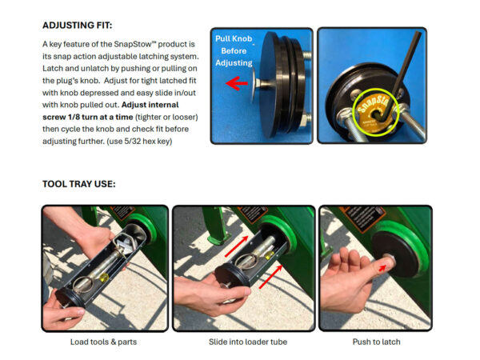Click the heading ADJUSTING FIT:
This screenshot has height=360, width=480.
pyautogui.click(x=77, y=25)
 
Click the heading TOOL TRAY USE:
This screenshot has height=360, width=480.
pyautogui.click(x=79, y=184)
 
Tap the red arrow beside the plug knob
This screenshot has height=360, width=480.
pyautogui.click(x=236, y=83)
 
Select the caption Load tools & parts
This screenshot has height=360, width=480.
pyautogui.click(x=103, y=342)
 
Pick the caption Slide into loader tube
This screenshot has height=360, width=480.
pyautogui.click(x=248, y=342)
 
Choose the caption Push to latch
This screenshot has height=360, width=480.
pyautogui.click(x=376, y=342)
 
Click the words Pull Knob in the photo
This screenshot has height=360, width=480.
pyautogui.click(x=234, y=38)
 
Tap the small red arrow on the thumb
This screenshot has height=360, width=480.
pyautogui.click(x=382, y=268)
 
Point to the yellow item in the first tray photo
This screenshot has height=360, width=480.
pyautogui.click(x=104, y=278)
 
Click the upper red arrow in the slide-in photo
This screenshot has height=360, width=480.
pyautogui.click(x=236, y=246)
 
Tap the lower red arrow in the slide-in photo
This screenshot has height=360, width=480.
pyautogui.click(x=270, y=277)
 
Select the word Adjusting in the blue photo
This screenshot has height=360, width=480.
pyautogui.click(x=234, y=62)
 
